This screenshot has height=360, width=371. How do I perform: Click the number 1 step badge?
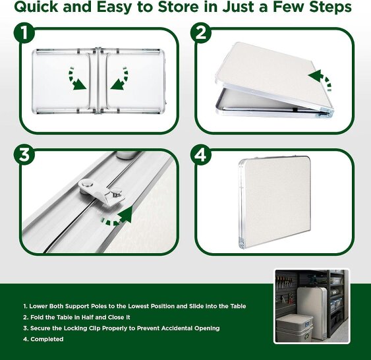[24, 33]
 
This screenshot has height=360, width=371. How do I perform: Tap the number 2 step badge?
[201, 33]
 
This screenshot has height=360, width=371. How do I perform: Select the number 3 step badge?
[24, 155]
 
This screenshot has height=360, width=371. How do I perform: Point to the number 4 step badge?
[201, 155]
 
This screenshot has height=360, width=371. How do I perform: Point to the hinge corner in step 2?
[326, 114]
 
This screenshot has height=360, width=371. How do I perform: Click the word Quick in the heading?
[36, 7]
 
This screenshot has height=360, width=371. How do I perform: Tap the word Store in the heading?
[178, 7]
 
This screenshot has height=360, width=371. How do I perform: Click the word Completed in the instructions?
[47, 339]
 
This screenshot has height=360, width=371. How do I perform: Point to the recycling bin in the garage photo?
[295, 329]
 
